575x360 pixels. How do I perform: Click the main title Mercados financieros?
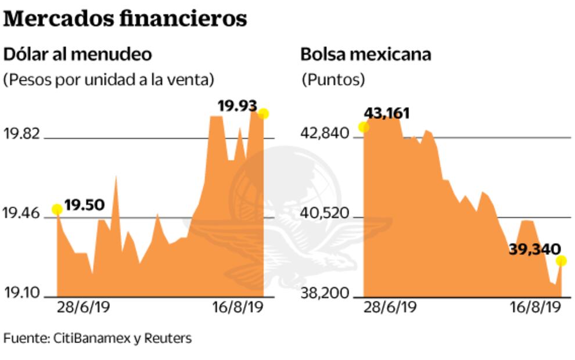click(x=125, y=19)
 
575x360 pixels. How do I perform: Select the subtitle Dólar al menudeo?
click(x=78, y=55)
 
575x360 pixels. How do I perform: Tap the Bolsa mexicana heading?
click(x=365, y=55)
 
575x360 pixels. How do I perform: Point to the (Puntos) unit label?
click(x=333, y=79)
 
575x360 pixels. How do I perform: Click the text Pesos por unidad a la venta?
click(x=109, y=79)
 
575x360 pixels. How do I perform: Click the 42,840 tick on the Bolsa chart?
click(x=325, y=135)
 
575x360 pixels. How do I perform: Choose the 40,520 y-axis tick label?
click(x=325, y=214)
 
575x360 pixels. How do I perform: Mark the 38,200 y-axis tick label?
click(x=325, y=294)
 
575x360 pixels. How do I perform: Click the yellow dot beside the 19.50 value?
click(x=57, y=210)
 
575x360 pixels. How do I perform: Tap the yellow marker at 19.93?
click(x=264, y=114)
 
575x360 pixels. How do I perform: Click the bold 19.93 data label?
click(x=237, y=106)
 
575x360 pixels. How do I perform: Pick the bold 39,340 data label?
click(x=534, y=249)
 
